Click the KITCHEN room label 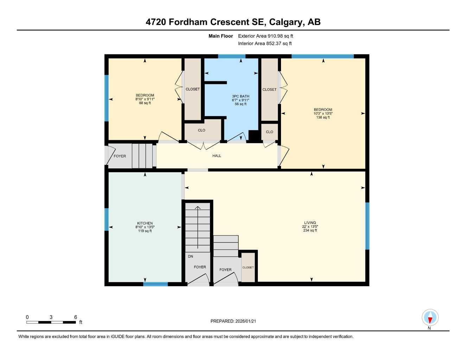coord(145,223)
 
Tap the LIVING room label coord(310,223)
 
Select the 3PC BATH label coord(241,96)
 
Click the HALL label coord(217,156)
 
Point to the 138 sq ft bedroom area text coord(323,117)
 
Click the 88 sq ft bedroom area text coord(145,103)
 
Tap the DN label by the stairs coord(190,257)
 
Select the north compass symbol coord(430,318)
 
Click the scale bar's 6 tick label coord(76,317)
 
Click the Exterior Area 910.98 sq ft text coord(266,36)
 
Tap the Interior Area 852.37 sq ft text coord(265,44)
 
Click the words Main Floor coord(221,36)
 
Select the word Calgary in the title coord(286,22)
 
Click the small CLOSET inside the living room coord(248,268)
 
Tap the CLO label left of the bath coord(202,130)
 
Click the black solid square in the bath coord(253,135)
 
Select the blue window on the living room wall coord(367,226)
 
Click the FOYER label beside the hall coord(120,156)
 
